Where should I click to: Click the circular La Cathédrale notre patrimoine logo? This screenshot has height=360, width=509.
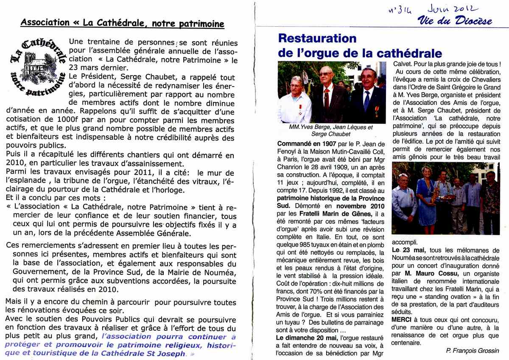coord(37,66)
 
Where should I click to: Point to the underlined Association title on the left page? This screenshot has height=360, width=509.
coord(123,23)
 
